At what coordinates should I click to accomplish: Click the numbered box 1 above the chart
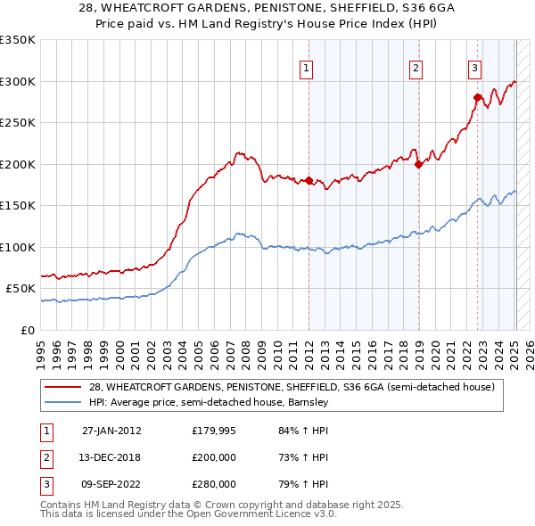[306, 66]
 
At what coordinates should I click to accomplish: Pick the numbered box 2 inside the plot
[416, 66]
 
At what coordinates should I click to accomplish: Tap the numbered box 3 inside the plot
[475, 66]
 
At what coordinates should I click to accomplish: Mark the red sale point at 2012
[309, 181]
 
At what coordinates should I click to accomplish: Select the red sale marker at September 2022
[477, 97]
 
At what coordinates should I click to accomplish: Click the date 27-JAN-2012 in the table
[111, 431]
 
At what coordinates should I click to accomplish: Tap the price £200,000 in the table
[214, 457]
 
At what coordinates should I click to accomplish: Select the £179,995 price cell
[214, 431]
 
